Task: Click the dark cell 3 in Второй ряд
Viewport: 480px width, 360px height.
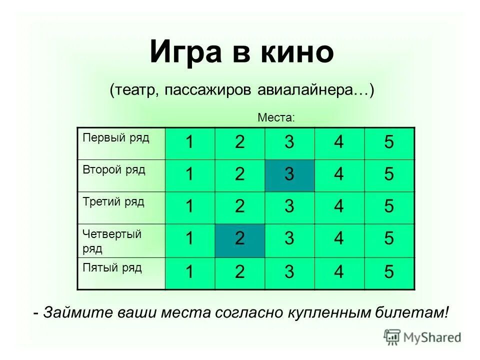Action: click(x=289, y=175)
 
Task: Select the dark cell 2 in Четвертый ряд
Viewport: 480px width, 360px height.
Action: click(x=239, y=239)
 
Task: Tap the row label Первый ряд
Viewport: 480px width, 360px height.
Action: click(x=116, y=137)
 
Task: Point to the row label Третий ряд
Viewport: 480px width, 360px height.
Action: click(x=113, y=201)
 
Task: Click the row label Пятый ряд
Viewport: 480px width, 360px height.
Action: click(x=112, y=267)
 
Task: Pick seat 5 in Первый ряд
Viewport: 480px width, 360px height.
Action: click(x=389, y=143)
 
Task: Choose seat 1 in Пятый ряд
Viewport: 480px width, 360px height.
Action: click(x=190, y=272)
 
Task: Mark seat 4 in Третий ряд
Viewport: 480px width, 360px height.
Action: click(x=339, y=207)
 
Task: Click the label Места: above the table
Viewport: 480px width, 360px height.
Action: click(x=276, y=117)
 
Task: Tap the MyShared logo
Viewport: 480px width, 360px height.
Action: click(x=422, y=336)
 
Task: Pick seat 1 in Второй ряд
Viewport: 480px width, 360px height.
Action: click(x=190, y=175)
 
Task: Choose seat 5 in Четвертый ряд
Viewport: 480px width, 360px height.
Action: click(x=389, y=239)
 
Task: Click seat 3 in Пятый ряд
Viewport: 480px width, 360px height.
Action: click(x=289, y=272)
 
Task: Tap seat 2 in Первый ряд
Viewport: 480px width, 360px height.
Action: click(x=239, y=143)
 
